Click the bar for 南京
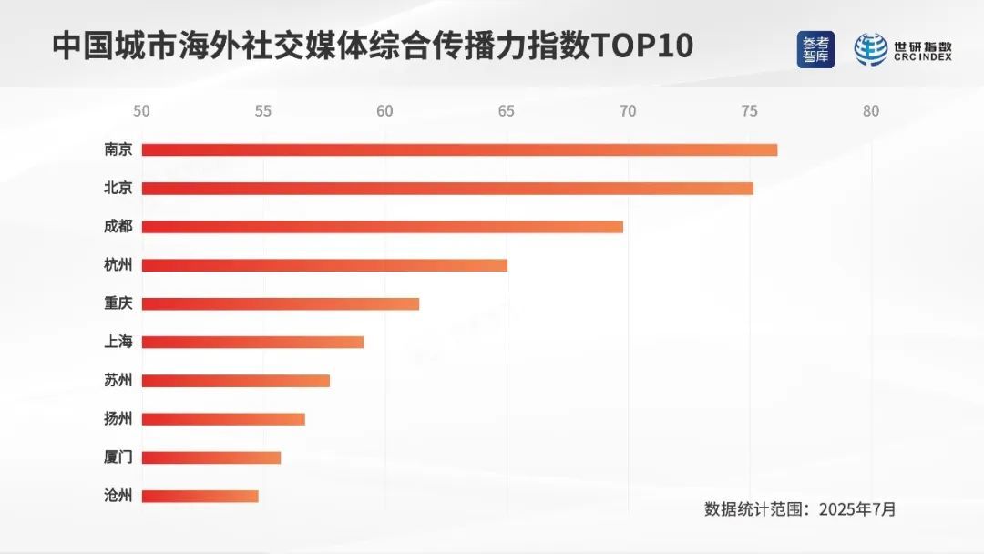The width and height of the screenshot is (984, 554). click(459, 149)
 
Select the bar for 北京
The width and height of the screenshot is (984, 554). click(447, 189)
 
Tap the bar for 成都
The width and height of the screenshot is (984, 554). click(383, 227)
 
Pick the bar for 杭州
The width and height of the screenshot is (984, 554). click(324, 265)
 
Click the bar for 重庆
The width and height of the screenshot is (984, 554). click(281, 303)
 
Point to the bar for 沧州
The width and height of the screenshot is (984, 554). click(200, 497)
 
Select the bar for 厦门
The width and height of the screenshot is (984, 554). click(211, 457)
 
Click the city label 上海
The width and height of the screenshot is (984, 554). click(118, 343)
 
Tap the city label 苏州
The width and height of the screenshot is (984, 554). click(118, 381)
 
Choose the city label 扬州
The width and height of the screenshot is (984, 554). click(118, 419)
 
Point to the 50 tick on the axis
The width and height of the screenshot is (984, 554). click(141, 112)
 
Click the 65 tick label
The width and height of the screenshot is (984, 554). click(506, 112)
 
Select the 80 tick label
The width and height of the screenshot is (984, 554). click(871, 112)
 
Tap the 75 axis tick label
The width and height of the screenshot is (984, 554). click(749, 112)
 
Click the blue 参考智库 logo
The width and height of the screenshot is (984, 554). click(815, 50)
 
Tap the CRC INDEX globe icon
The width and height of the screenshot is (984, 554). click(871, 50)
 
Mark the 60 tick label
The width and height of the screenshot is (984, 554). click(384, 112)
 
